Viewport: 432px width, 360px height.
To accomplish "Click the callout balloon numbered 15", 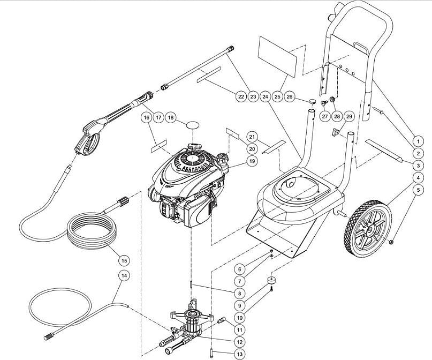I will [124, 260].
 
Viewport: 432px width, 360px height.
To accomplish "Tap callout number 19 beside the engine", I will [251, 161].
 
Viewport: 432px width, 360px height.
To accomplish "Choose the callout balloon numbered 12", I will [239, 341].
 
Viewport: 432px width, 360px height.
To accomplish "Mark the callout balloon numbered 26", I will [290, 97].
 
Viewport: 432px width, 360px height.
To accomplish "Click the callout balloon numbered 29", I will [349, 117].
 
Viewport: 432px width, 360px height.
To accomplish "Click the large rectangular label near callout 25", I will [278, 55].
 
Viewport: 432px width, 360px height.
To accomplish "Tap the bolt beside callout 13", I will [213, 352].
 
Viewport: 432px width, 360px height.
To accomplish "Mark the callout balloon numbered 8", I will [239, 293].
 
